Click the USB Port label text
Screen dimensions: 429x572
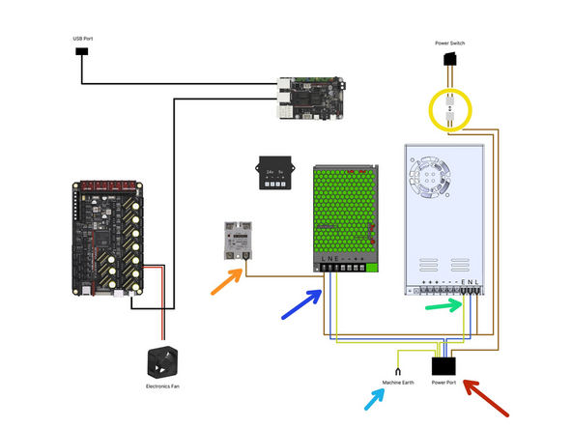(x=84, y=39)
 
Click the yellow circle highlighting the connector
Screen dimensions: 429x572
(x=448, y=109)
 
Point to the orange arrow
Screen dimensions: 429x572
(x=229, y=281)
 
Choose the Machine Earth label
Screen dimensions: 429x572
(x=397, y=383)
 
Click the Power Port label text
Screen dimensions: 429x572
(x=444, y=383)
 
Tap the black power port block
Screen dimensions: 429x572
(x=445, y=366)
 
